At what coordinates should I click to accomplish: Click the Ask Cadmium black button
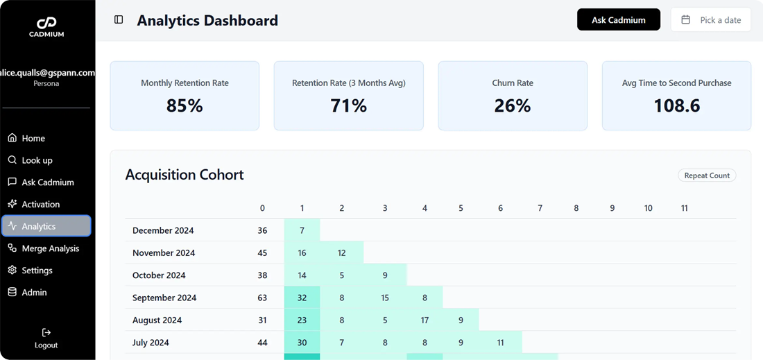618,20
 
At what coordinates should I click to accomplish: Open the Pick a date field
711,20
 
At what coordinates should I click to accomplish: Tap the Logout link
46,338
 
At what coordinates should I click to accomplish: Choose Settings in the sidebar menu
37,271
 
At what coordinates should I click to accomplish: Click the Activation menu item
40,204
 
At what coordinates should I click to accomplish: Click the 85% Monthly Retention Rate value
185,105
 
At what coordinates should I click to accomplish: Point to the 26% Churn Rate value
513,105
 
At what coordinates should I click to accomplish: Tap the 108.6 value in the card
676,105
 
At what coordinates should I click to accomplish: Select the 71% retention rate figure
348,105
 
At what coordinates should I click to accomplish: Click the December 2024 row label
163,230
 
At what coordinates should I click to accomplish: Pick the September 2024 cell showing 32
302,298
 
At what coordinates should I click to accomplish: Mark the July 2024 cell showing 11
500,343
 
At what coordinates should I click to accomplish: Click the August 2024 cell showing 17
425,320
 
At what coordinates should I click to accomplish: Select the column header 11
684,208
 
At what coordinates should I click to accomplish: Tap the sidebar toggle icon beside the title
119,20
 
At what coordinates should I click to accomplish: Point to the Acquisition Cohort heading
185,175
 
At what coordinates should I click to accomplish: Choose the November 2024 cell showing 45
262,253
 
